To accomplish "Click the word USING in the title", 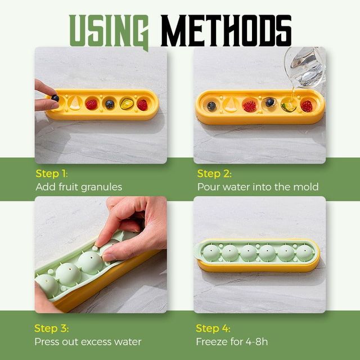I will pos(109,29).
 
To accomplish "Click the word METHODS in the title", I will pos(226,29).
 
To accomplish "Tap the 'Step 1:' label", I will pos(51,173).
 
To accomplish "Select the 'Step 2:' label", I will pos(214,173).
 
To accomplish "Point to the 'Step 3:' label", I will pos(51,328).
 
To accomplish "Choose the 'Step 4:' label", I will pos(213,328).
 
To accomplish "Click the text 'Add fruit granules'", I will pos(79,187).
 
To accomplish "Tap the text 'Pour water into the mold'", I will pos(258,187).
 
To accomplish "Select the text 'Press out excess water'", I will pos(88,341).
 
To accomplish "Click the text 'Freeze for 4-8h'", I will pos(232,341).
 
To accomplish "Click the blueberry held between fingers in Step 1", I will pos(55,98).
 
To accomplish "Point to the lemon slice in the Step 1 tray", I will pos(74,103).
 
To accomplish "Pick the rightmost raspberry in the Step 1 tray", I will pos(142,105).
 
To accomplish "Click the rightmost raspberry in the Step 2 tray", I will pos(306,106).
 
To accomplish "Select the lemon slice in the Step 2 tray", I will pos(231,106).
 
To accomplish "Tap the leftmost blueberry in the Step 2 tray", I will pos(211,106).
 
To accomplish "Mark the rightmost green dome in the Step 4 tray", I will pos(304,253).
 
